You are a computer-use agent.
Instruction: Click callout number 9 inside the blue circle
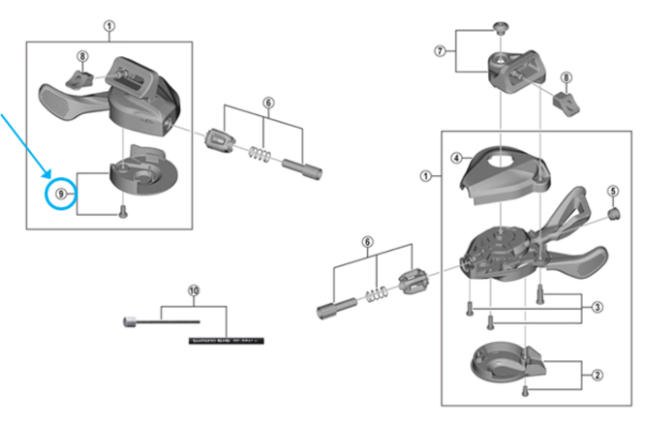tap(61, 194)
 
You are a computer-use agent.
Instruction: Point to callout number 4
tap(455, 157)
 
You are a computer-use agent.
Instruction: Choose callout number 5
tap(612, 190)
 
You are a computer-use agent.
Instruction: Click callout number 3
tap(598, 307)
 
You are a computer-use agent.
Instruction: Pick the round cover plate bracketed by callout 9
tap(137, 172)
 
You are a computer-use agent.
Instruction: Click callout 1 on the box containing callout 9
tap(109, 27)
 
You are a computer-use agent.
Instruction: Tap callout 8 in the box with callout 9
tap(82, 57)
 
